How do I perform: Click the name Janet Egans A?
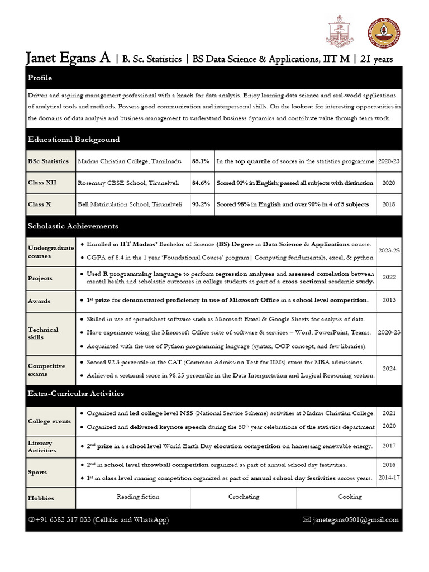68,58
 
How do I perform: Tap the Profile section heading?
40,78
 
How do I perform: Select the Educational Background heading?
74,139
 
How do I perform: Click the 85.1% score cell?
201,161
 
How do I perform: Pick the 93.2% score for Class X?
201,204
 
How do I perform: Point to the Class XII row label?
42,183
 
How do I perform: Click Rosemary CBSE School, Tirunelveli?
130,183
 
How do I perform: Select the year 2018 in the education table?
389,204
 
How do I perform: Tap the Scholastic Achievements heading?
73,226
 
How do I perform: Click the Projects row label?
40,278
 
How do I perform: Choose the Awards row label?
39,301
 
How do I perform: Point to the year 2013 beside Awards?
389,300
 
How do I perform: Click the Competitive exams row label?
46,370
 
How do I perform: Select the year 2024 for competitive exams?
389,369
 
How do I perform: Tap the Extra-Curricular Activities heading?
76,393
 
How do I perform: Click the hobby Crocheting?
244,496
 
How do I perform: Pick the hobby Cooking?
349,496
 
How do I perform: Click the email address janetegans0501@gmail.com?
356,519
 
